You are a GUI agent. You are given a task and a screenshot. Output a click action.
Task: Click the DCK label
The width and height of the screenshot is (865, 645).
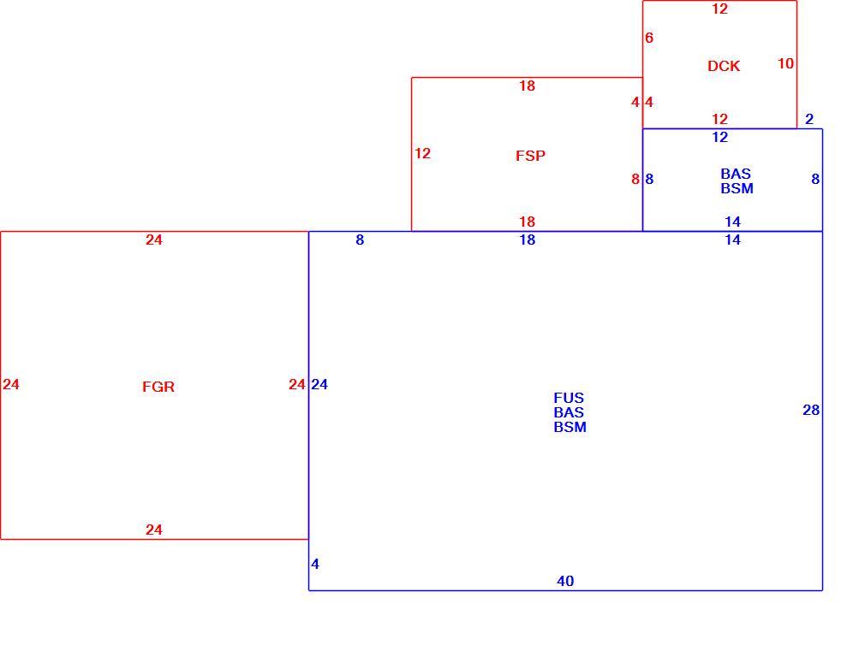[723, 66]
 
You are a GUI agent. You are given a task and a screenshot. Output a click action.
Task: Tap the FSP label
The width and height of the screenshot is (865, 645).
[530, 156]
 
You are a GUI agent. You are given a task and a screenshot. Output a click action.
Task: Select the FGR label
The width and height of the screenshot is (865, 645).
[158, 387]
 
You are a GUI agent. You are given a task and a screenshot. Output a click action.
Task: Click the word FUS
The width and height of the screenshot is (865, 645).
[569, 398]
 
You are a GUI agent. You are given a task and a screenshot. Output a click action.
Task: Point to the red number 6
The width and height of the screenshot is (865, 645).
[649, 38]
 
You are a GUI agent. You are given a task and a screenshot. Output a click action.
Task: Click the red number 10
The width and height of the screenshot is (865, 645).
[785, 63]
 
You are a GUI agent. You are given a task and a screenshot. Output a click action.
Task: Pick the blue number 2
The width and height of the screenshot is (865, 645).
[809, 119]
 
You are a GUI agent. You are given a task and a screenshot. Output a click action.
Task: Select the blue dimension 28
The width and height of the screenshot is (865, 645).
[811, 410]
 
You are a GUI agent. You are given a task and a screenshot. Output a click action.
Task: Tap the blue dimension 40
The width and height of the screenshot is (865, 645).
[565, 581]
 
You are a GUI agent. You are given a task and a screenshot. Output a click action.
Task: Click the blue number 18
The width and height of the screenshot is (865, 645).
[528, 240]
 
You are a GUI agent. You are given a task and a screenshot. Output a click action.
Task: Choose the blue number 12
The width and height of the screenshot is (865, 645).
[720, 137]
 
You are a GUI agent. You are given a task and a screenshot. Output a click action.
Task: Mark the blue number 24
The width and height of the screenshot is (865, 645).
[319, 384]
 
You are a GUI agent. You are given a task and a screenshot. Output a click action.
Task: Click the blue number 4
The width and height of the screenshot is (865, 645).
[315, 564]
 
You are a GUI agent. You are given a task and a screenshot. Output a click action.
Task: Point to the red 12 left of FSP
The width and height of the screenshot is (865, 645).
[422, 153]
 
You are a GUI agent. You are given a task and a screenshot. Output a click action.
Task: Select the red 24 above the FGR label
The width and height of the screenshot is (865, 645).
[154, 240]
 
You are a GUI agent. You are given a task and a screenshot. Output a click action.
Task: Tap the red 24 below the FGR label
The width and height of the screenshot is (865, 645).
[154, 530]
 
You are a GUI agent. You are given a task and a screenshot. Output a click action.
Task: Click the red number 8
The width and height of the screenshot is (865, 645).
[635, 179]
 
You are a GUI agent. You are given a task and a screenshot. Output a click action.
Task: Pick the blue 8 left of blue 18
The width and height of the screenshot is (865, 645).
[360, 240]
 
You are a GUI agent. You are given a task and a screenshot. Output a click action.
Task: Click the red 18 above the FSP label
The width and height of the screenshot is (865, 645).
[527, 86]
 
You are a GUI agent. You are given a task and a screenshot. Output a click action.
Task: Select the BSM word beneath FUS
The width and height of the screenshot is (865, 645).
[570, 427]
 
